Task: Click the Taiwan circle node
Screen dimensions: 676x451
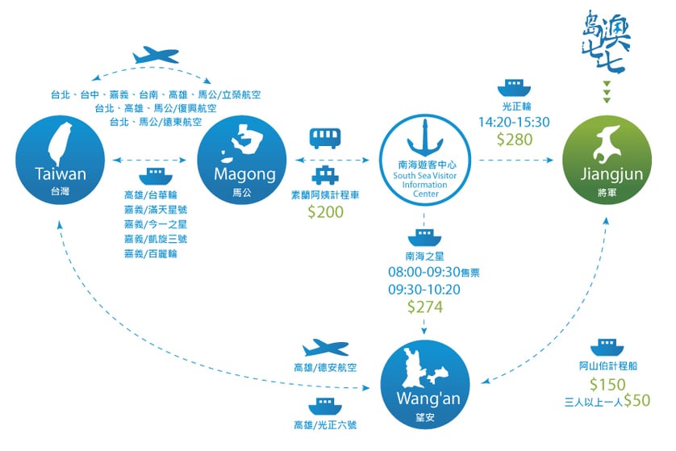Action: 61,160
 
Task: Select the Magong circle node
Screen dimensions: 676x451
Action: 242,160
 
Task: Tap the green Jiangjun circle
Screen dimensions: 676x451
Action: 607,160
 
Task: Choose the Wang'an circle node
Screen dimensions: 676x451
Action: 425,385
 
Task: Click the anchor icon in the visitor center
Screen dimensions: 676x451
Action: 425,139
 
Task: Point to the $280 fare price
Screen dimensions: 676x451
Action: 515,140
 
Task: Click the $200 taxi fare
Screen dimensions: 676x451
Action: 326,211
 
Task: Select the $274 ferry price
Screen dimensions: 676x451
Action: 425,307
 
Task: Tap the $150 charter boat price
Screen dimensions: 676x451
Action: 607,384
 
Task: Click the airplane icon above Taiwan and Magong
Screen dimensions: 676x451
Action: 155,55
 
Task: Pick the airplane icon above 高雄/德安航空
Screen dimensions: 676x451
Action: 326,348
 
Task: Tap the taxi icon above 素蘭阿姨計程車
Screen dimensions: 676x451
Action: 326,175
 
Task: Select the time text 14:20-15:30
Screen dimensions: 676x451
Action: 515,122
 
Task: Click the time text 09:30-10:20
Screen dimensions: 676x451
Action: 424,290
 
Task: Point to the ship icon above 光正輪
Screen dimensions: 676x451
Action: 515,88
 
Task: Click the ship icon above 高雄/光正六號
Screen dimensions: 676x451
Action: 325,406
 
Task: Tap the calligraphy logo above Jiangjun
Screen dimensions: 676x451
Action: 607,42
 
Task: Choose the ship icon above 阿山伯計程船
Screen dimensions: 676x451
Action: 607,348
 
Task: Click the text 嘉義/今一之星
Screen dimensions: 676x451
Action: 156,224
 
